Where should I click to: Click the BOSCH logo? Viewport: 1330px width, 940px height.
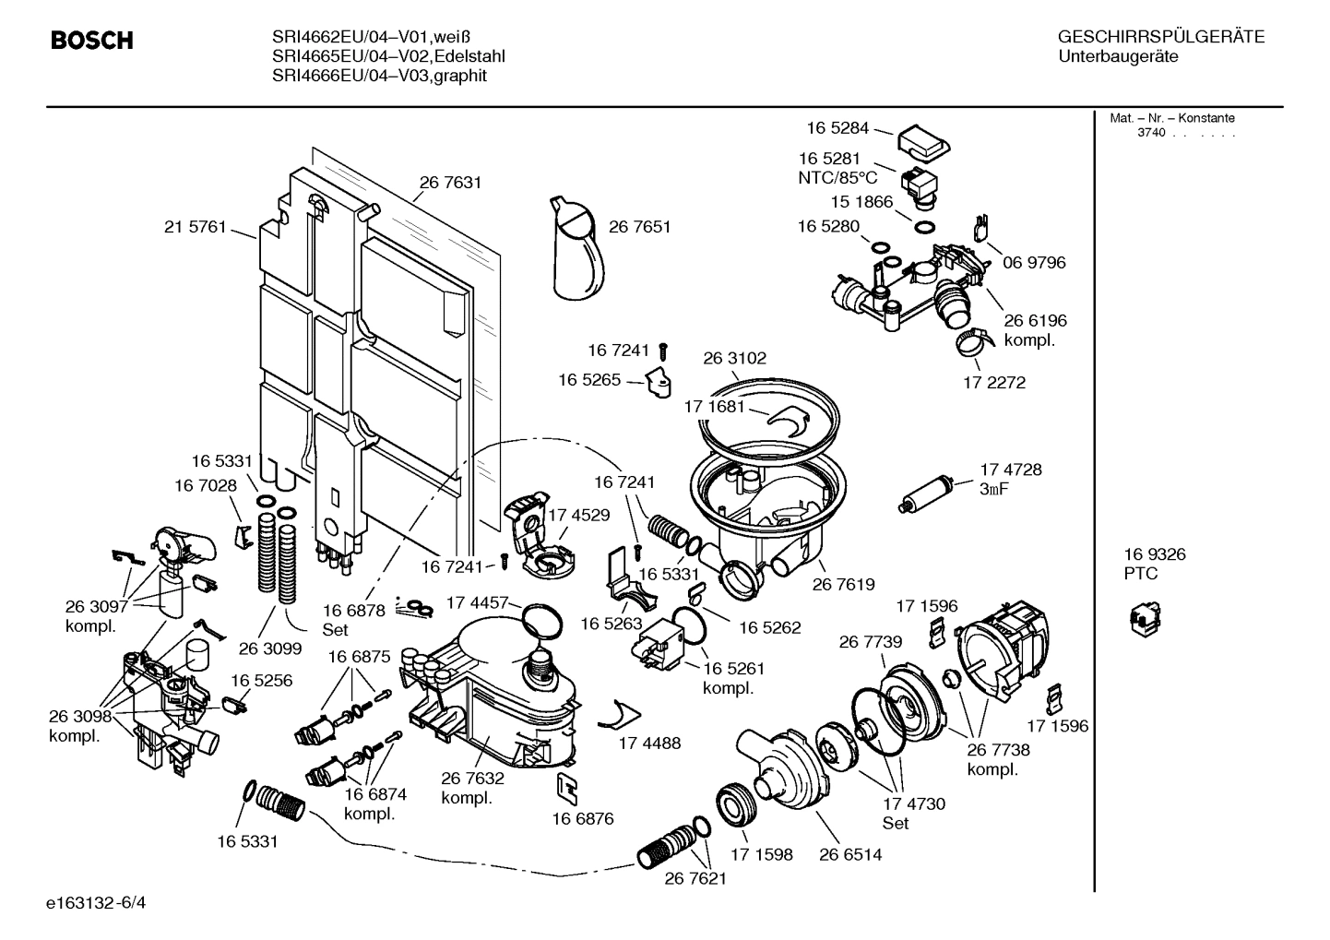point(92,41)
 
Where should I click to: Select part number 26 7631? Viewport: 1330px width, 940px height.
point(450,183)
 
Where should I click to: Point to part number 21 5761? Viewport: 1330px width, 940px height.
point(195,227)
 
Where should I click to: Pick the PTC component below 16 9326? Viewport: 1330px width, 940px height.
point(1145,618)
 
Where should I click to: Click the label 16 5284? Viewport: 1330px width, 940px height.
point(837,128)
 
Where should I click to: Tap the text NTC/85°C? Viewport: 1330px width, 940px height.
point(837,177)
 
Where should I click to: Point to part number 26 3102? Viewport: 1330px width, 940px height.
point(734,358)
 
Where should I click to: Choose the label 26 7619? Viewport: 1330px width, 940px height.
point(843,584)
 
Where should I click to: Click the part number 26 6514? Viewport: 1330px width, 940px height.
point(849,855)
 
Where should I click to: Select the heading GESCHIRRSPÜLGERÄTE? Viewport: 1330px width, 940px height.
point(1160,38)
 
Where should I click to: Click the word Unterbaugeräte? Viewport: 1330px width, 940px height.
point(1118,57)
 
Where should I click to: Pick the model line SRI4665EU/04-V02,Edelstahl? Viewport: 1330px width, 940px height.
point(388,56)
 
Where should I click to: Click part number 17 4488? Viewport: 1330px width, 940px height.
point(649,743)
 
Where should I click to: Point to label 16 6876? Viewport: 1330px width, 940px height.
point(583,818)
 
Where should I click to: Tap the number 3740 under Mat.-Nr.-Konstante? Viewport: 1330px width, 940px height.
point(1151,133)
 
